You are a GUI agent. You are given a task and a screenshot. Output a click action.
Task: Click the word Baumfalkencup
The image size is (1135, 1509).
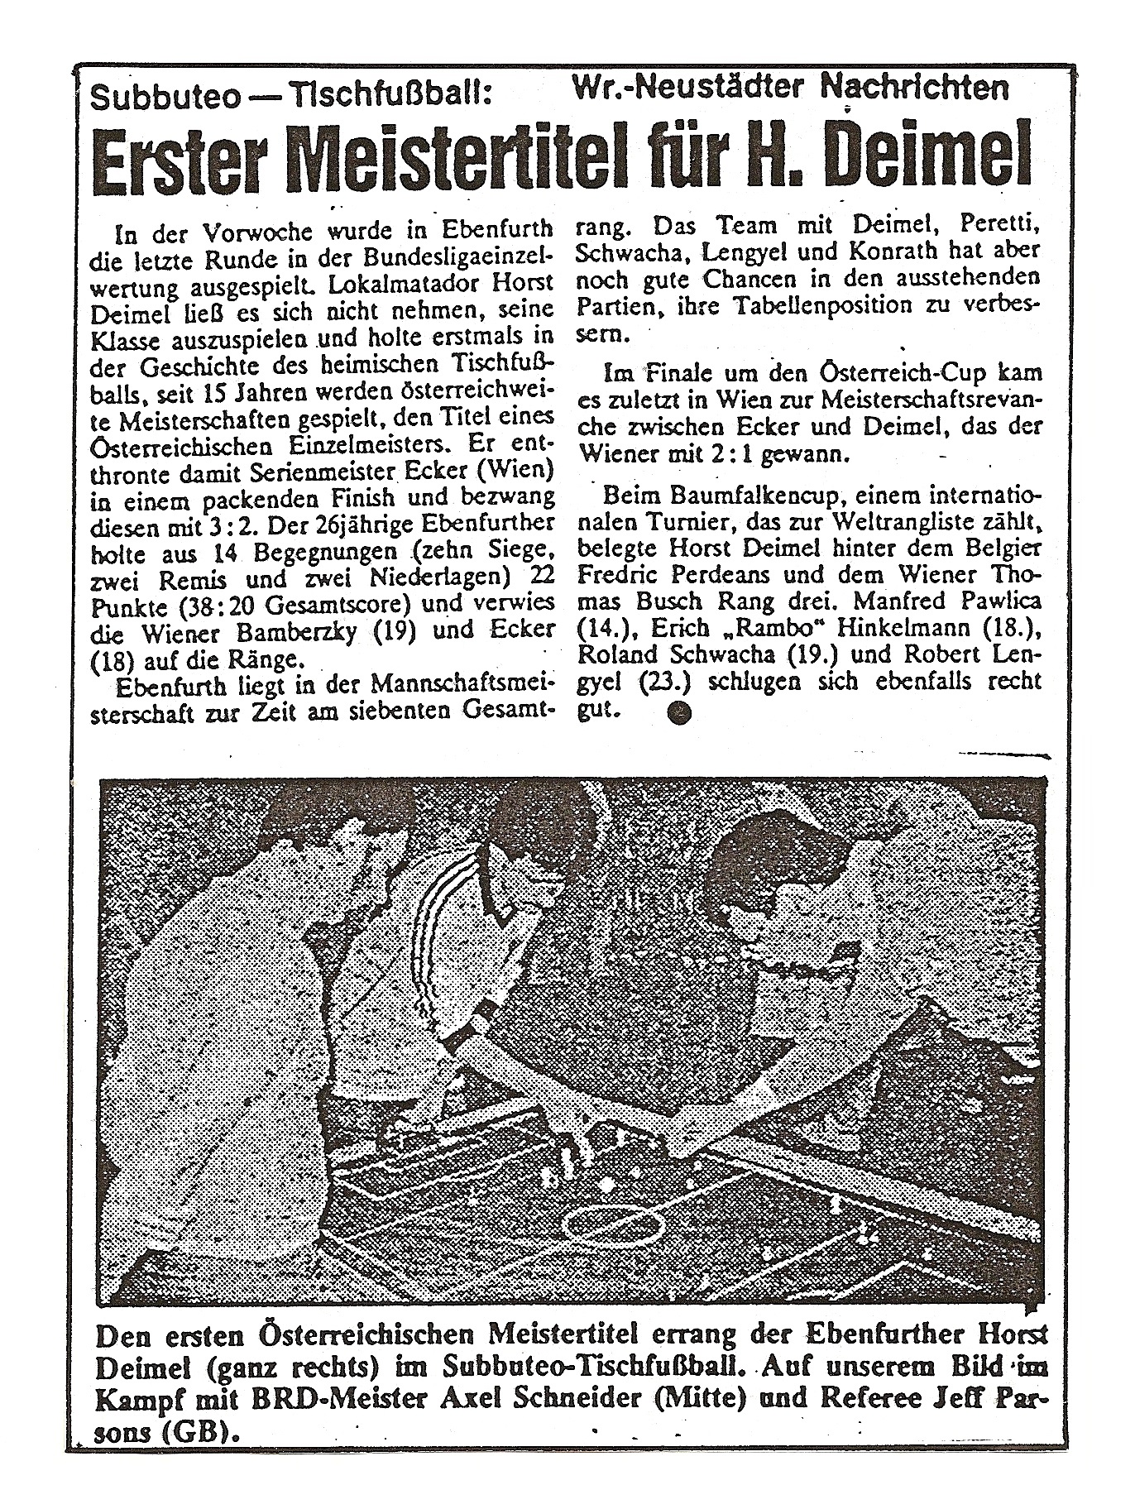coord(702,499)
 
